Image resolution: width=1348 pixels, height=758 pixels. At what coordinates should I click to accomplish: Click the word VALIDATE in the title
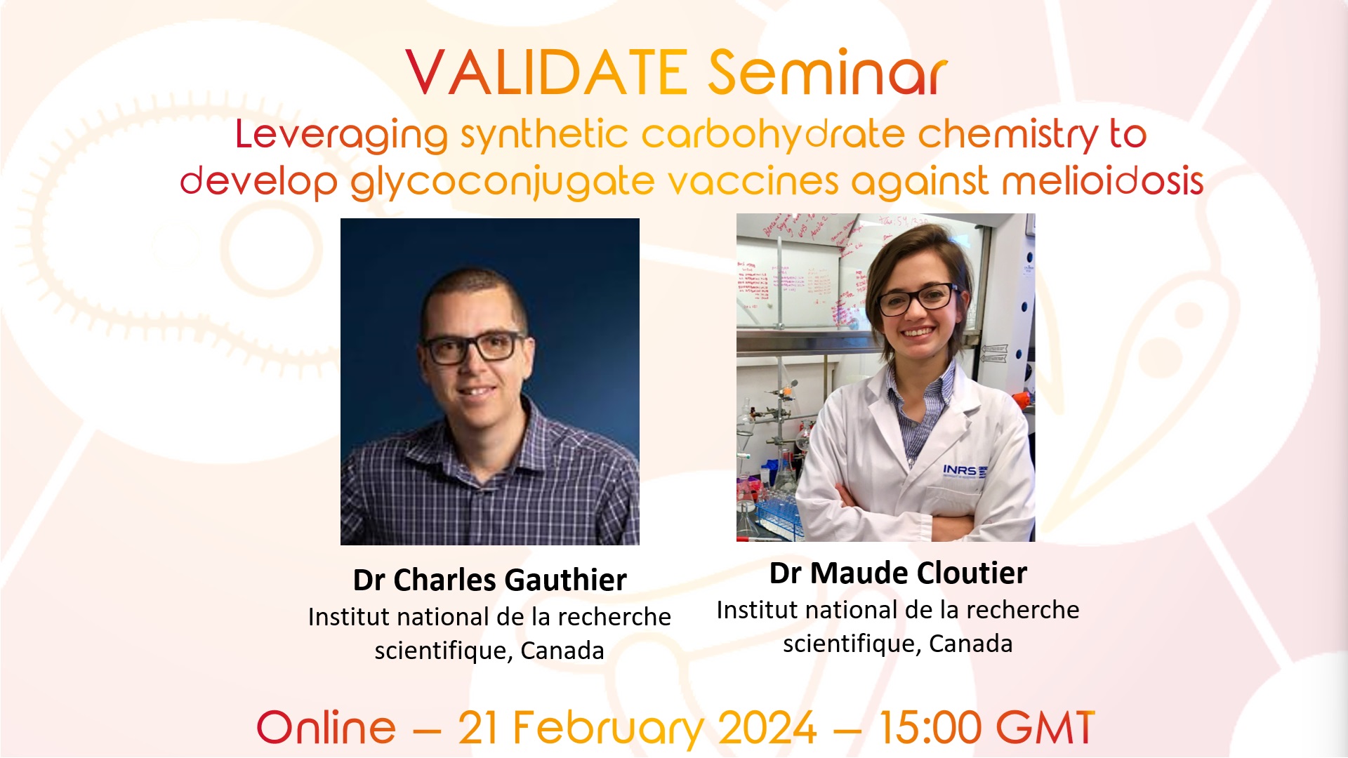click(x=546, y=73)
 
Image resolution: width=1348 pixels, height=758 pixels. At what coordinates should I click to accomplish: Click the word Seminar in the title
click(x=827, y=73)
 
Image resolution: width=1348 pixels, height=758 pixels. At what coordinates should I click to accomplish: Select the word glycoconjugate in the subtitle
click(x=502, y=182)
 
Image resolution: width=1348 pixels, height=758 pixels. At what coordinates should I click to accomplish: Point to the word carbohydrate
click(x=772, y=135)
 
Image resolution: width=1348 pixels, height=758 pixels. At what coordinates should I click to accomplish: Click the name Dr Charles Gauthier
click(x=489, y=580)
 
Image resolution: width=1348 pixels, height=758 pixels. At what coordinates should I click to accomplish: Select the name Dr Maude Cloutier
click(x=898, y=573)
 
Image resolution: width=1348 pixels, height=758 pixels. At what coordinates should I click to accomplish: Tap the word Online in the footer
click(x=326, y=728)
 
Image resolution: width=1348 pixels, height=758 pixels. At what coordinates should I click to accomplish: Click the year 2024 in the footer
click(x=768, y=728)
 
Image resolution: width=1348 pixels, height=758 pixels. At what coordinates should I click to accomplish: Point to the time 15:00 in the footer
click(x=930, y=728)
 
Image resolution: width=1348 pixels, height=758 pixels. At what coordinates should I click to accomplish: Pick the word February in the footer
click(x=607, y=728)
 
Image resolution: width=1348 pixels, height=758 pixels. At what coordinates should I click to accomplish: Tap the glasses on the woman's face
click(x=916, y=299)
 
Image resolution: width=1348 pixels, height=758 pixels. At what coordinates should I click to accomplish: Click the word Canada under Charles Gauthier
click(x=562, y=651)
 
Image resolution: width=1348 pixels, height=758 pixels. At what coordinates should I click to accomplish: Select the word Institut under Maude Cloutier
click(x=757, y=610)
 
